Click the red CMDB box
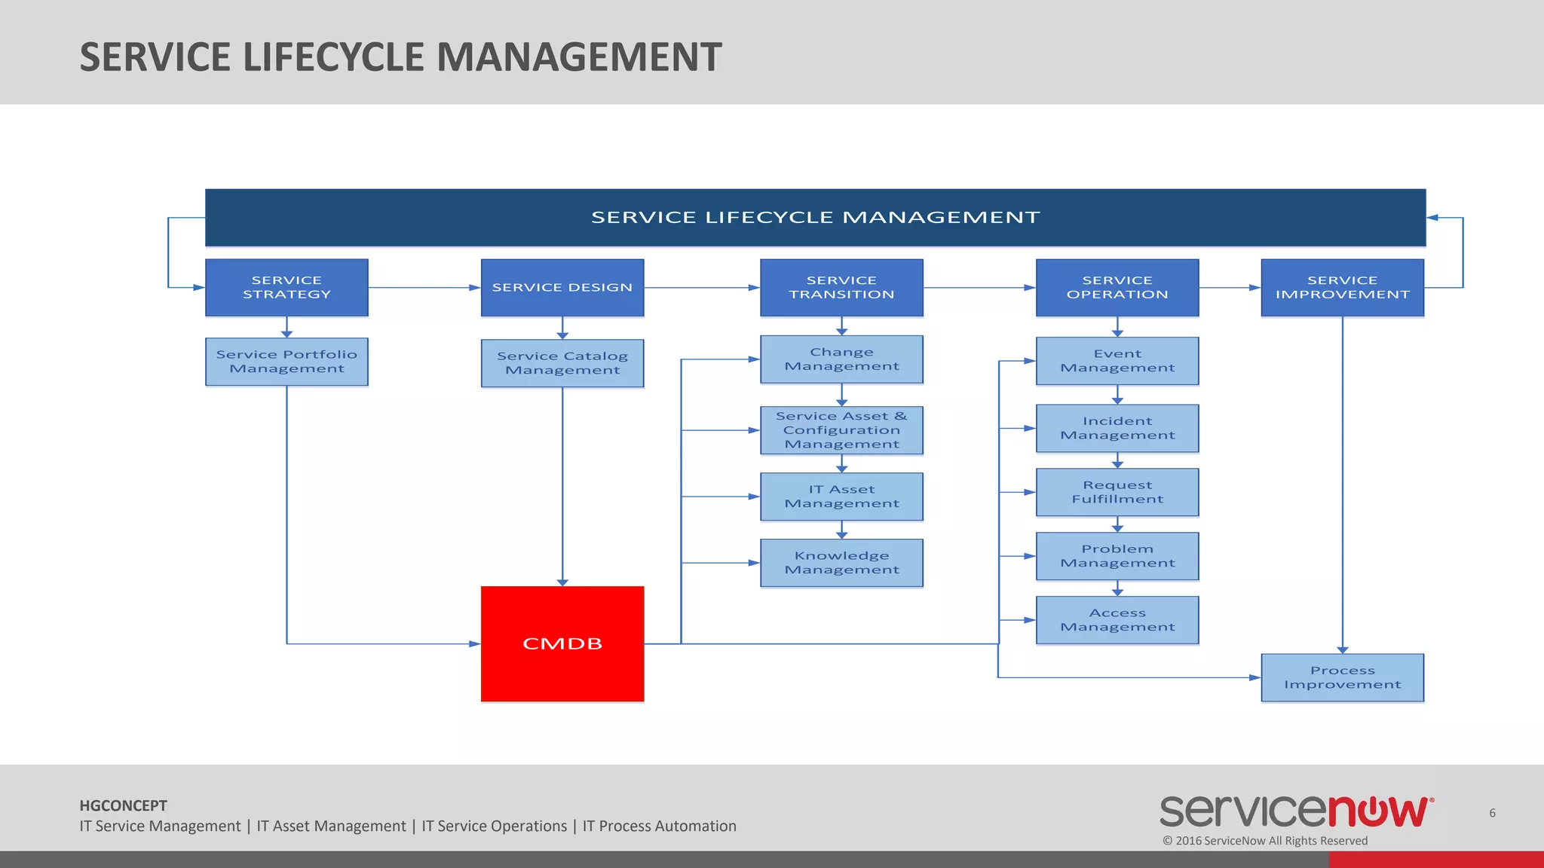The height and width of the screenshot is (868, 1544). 562,643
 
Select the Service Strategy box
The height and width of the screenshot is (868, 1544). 286,287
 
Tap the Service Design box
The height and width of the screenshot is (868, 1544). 562,287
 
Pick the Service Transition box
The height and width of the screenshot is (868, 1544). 841,287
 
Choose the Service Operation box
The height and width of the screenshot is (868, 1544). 1117,287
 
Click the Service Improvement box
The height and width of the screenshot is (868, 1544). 1342,287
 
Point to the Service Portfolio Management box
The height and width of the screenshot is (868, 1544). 286,362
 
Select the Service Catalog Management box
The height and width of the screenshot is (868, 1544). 562,363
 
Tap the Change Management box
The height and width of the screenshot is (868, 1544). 841,359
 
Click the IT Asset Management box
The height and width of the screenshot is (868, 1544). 841,497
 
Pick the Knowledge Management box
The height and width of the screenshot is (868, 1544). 841,563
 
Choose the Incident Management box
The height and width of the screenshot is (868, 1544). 1117,428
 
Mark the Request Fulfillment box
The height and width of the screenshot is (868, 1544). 1117,492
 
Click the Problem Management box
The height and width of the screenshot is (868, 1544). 1117,556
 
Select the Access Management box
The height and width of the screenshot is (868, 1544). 1117,620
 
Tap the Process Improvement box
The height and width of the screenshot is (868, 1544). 1342,677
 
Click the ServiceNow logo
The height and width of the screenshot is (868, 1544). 1296,811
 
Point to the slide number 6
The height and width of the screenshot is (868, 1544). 1492,813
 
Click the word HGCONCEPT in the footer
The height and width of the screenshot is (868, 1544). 124,805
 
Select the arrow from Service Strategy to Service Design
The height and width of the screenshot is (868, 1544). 424,287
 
